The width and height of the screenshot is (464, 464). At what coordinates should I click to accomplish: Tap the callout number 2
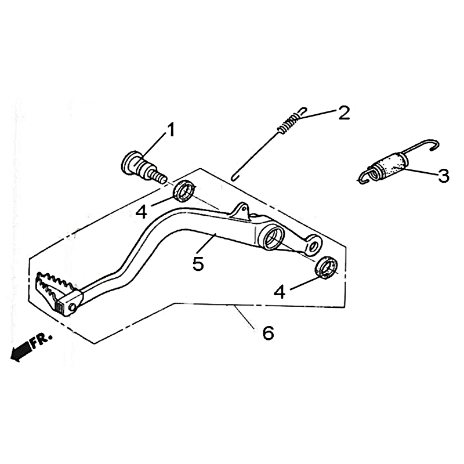pyautogui.click(x=343, y=113)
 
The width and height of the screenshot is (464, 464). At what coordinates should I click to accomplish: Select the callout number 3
pyautogui.click(x=443, y=176)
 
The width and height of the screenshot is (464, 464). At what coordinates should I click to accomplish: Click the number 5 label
pyautogui.click(x=198, y=263)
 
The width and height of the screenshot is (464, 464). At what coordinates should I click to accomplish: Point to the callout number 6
pyautogui.click(x=268, y=333)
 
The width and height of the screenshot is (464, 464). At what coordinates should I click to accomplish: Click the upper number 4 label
pyautogui.click(x=142, y=212)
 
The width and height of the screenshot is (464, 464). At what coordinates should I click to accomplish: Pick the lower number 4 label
pyautogui.click(x=280, y=292)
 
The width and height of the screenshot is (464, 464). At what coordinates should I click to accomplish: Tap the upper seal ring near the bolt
pyautogui.click(x=184, y=191)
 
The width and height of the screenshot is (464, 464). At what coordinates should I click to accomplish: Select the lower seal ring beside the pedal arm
pyautogui.click(x=326, y=267)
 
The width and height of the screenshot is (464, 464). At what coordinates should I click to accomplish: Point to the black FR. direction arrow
pyautogui.click(x=20, y=351)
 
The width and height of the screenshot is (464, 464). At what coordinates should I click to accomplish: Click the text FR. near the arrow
pyautogui.click(x=42, y=341)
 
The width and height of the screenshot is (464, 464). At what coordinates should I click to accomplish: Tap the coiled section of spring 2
pyautogui.click(x=289, y=124)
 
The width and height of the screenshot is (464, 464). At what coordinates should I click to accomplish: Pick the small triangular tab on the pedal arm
pyautogui.click(x=241, y=211)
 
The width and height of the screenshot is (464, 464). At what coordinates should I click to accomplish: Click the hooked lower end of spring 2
pyautogui.click(x=235, y=177)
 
